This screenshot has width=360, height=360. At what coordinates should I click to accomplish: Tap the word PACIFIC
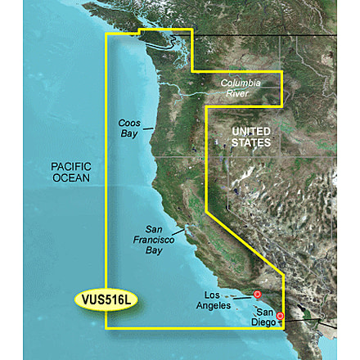[70, 165]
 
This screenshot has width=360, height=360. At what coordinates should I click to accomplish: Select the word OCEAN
[71, 177]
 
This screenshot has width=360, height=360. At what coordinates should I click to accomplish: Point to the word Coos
[129, 124]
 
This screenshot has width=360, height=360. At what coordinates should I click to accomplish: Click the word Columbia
[241, 83]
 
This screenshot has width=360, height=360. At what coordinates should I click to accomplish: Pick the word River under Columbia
[237, 93]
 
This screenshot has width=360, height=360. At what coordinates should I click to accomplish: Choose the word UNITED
[251, 132]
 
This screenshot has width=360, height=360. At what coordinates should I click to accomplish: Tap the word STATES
[251, 143]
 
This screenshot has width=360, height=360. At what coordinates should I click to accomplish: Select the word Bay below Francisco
[154, 250]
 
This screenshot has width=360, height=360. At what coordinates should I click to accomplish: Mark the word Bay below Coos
[129, 133]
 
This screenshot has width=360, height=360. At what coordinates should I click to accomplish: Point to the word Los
[213, 295]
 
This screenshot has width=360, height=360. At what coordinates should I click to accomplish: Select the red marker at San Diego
[280, 316]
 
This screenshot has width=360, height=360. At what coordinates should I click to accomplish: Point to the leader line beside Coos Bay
[148, 128]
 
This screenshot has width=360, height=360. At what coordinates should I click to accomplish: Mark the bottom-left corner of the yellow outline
[106, 328]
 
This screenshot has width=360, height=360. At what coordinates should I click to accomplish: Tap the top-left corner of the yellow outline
[106, 34]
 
